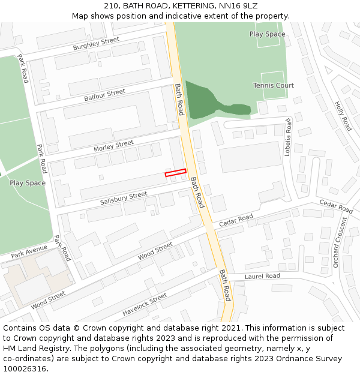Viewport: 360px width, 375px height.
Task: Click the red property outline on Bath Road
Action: click(x=176, y=173)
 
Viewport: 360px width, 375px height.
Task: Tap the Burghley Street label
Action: click(x=96, y=44)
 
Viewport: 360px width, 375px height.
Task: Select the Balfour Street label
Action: click(x=104, y=95)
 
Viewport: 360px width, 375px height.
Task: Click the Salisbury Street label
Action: click(x=124, y=198)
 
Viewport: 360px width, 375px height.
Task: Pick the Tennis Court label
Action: click(x=273, y=85)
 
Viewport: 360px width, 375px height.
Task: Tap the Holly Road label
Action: click(x=343, y=116)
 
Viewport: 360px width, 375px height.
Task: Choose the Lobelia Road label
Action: click(x=288, y=137)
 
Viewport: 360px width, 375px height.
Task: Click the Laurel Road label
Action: click(x=262, y=276)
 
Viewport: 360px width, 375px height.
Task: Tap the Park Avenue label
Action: click(x=29, y=250)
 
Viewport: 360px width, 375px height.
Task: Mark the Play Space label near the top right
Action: click(x=267, y=34)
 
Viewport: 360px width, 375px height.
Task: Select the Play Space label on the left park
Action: click(x=27, y=183)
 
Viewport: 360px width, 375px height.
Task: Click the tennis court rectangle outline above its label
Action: click(x=272, y=77)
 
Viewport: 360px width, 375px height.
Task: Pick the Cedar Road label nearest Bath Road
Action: click(x=236, y=220)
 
